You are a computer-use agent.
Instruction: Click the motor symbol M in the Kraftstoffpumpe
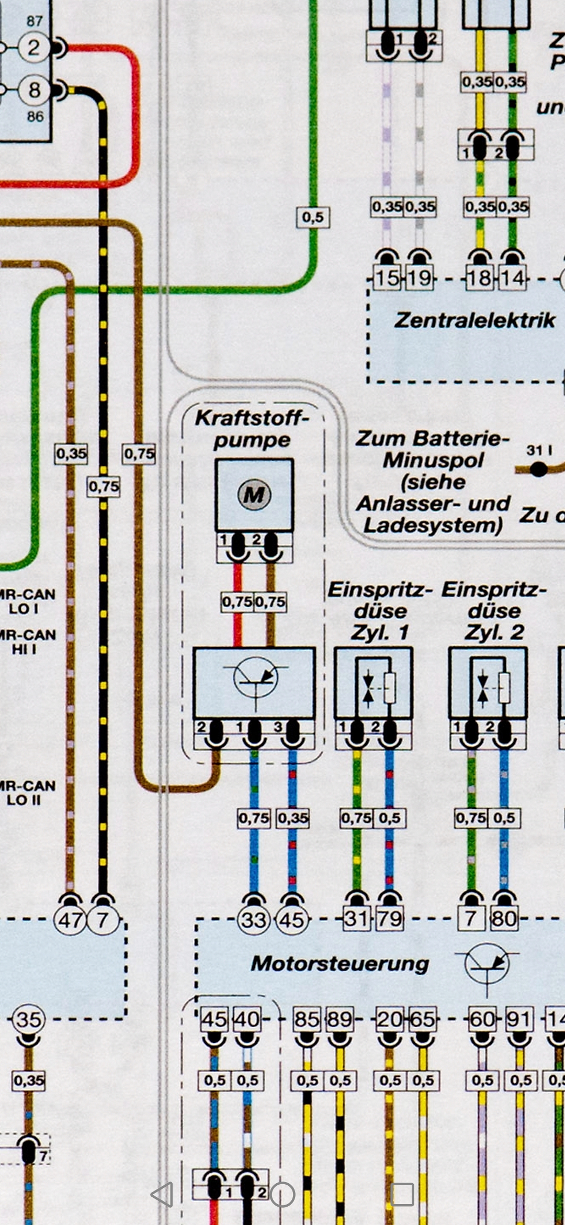pyautogui.click(x=254, y=494)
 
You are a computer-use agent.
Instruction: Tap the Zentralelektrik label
pyautogui.click(x=474, y=320)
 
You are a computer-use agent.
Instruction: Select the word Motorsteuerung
pyautogui.click(x=340, y=963)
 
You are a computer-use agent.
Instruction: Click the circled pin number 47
pyautogui.click(x=70, y=919)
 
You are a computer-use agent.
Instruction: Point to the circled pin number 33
pyautogui.click(x=254, y=919)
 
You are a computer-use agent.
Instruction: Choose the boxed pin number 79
pyautogui.click(x=390, y=919)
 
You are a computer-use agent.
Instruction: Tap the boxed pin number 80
pyautogui.click(x=504, y=919)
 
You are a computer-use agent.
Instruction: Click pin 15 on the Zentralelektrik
pyautogui.click(x=387, y=278)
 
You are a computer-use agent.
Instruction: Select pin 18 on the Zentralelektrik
pyautogui.click(x=480, y=278)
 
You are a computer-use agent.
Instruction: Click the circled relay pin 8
pyautogui.click(x=34, y=90)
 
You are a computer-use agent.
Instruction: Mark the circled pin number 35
pyautogui.click(x=28, y=1019)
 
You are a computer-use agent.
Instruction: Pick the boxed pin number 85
pyautogui.click(x=307, y=1019)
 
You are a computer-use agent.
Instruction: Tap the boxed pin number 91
pyautogui.click(x=519, y=1019)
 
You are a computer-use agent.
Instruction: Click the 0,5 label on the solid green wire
pyautogui.click(x=313, y=217)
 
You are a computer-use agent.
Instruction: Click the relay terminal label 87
pyautogui.click(x=35, y=21)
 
